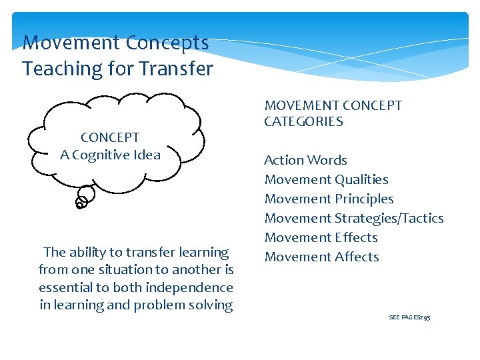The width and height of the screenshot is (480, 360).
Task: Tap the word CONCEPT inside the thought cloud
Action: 110,137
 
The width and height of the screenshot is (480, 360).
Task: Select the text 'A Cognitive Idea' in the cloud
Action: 110,155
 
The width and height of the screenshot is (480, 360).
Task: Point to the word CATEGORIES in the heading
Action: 303,122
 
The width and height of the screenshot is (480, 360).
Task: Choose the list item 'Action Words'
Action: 305,160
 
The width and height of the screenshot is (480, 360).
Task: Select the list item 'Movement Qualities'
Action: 326,179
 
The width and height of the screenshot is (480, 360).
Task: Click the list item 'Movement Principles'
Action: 329,199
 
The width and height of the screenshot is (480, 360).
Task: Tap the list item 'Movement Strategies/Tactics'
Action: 353,218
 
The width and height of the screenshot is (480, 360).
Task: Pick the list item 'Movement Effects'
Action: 321,237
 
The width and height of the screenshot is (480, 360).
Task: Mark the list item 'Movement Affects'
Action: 321,257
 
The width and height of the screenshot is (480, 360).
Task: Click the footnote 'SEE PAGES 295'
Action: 409,317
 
